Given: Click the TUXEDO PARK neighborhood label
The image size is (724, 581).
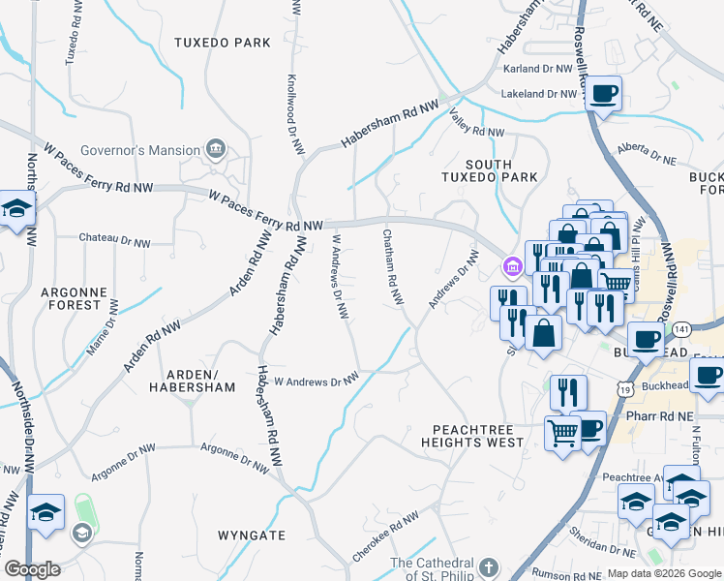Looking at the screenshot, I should (x=222, y=43).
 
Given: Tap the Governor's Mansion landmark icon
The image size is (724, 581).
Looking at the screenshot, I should (x=215, y=150).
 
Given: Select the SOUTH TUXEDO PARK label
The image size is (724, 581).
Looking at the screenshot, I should (x=489, y=171).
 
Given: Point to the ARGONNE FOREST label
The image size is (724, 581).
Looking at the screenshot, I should (x=71, y=297).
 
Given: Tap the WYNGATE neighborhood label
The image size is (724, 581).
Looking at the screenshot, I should (x=251, y=535).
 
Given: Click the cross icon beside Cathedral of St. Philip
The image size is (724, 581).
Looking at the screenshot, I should (x=489, y=565).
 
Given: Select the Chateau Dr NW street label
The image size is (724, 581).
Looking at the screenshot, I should (x=114, y=238).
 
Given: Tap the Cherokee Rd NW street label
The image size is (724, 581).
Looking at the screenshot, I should (x=386, y=535).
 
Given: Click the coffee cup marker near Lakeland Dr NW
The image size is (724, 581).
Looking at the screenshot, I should (x=604, y=94).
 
